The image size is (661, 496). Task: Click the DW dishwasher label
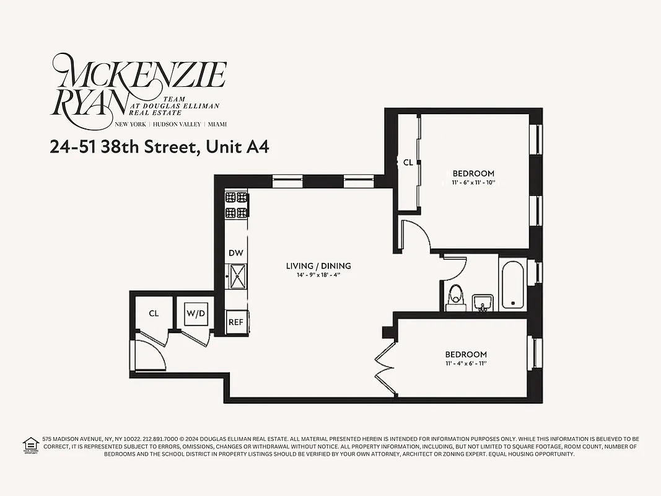(235, 252)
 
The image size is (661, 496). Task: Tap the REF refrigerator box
(235, 322)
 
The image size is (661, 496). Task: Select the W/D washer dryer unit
(196, 314)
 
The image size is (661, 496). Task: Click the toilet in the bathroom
(456, 296)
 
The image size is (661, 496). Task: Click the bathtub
(513, 285)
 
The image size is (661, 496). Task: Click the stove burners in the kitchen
(236, 205)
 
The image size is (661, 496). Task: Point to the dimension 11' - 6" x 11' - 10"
(473, 183)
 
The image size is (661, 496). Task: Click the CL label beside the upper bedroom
(408, 162)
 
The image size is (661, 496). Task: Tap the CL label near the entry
(154, 314)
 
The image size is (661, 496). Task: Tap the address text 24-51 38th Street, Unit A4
(159, 147)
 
